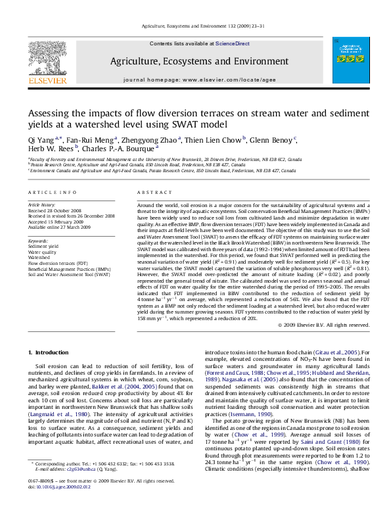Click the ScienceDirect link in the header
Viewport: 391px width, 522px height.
click(233, 43)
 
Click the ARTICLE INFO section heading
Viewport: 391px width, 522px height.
click(52, 192)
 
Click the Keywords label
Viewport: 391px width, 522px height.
click(39, 241)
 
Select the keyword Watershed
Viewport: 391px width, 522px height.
click(39, 257)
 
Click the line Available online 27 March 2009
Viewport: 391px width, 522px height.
click(62, 226)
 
